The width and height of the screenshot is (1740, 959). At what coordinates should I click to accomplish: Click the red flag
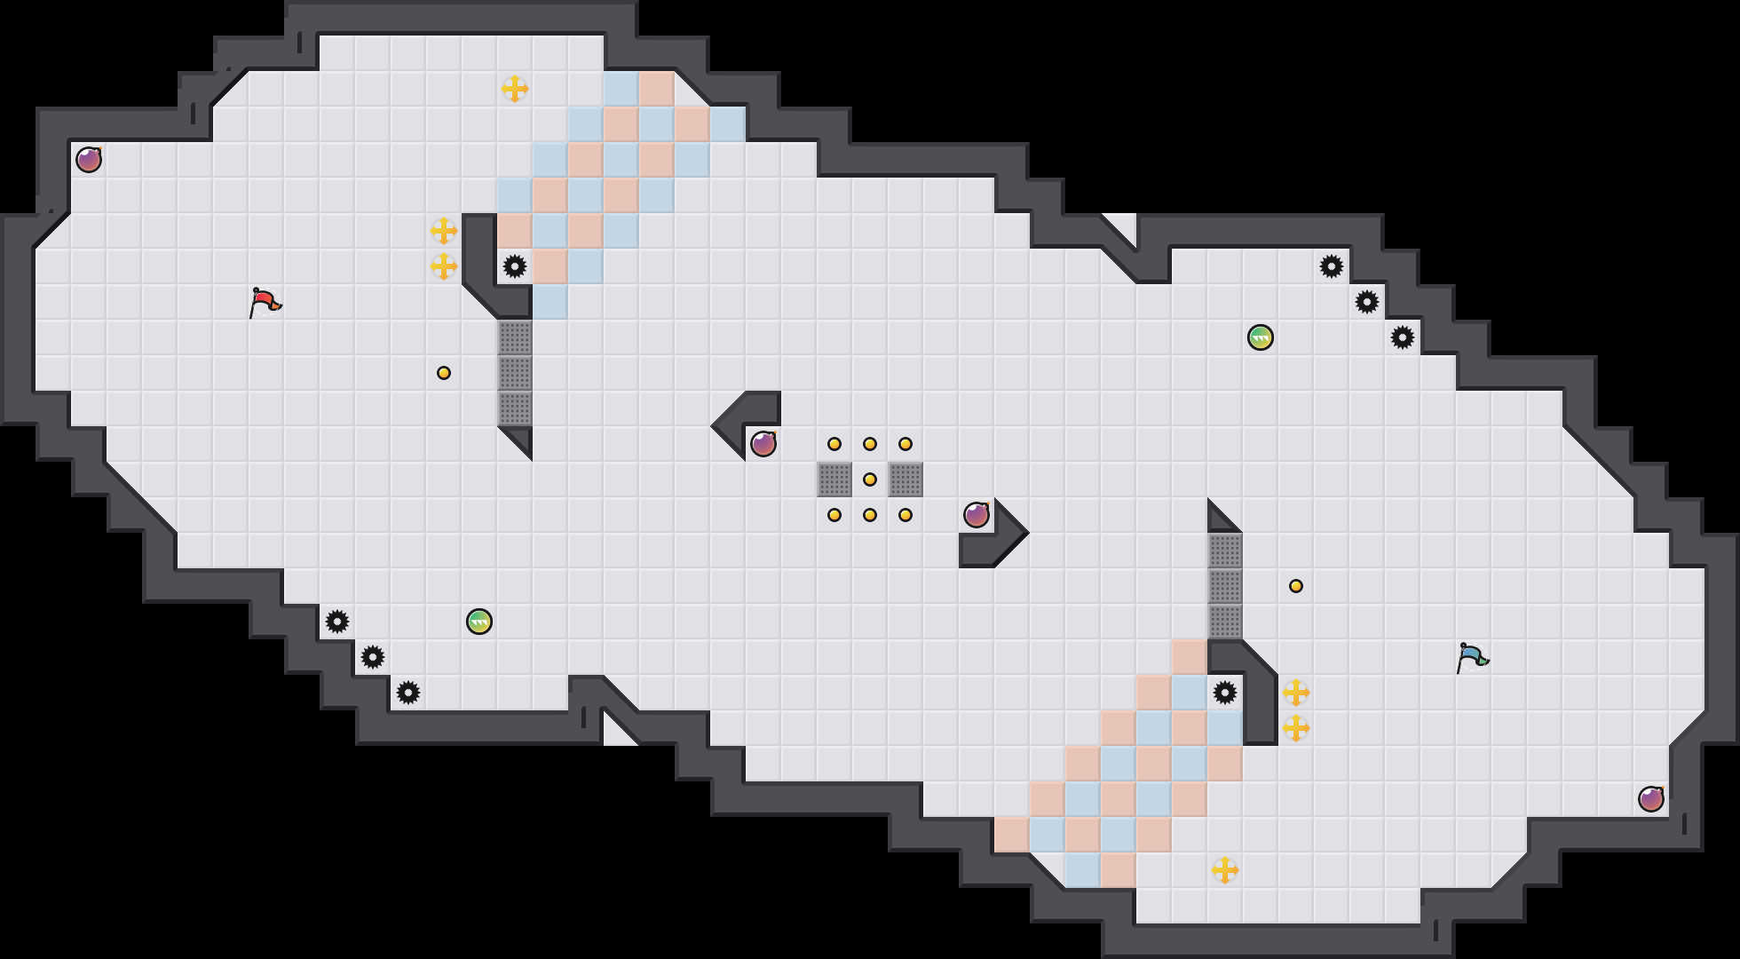(265, 302)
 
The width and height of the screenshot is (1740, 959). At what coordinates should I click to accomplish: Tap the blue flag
(1472, 657)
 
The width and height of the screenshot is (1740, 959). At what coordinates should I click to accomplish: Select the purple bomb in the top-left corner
(89, 160)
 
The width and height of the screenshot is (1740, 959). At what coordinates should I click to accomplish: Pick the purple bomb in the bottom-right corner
(1651, 799)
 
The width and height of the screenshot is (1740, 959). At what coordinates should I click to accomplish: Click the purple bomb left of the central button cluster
(763, 444)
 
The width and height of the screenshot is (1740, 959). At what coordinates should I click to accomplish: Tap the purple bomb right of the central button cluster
(977, 515)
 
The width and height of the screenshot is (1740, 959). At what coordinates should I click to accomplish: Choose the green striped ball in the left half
(479, 622)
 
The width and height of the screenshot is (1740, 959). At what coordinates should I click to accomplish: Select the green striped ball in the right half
(1261, 337)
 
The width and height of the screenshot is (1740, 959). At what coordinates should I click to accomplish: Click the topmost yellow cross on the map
(515, 89)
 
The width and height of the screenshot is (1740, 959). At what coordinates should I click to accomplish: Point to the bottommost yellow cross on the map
(1225, 870)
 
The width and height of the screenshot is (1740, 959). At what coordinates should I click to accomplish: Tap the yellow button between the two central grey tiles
(870, 479)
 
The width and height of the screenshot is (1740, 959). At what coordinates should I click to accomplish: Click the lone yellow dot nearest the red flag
(444, 373)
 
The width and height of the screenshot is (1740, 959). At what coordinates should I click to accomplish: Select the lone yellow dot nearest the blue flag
(1296, 586)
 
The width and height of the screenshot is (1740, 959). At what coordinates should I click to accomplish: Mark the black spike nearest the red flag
(515, 266)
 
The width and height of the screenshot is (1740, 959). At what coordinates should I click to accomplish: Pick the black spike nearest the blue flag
(1225, 693)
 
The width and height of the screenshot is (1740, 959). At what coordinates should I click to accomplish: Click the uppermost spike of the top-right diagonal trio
(1332, 266)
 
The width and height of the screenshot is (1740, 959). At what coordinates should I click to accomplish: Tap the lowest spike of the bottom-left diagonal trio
(408, 693)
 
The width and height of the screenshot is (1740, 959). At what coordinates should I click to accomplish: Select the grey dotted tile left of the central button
(834, 479)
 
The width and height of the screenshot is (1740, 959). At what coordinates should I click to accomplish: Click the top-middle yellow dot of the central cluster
(870, 444)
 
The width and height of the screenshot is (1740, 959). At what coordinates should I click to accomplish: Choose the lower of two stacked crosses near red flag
(444, 266)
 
